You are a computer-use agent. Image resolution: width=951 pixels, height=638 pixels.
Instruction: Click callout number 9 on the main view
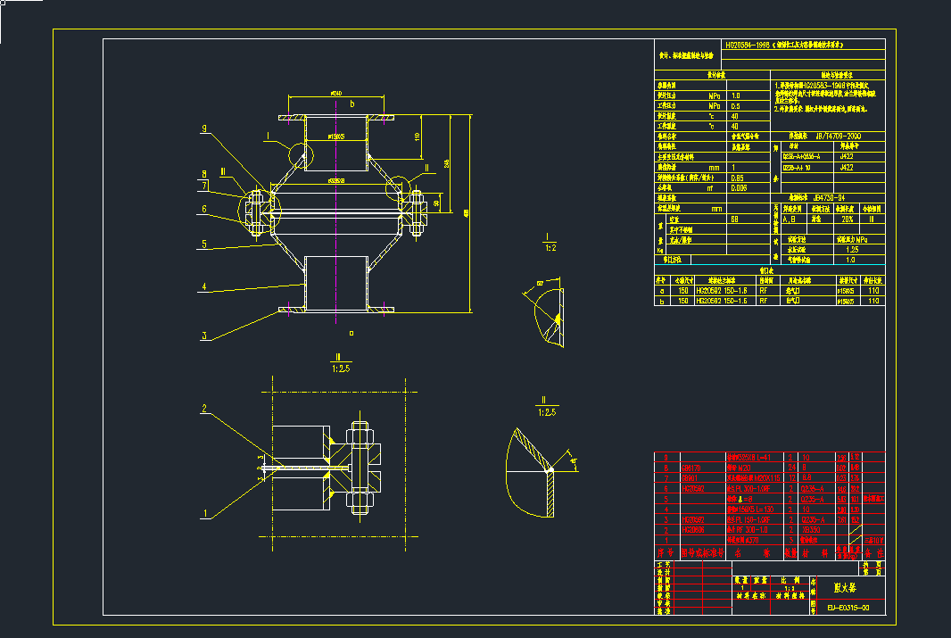coord(204,129)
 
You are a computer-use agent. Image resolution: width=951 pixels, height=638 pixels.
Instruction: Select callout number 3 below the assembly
coord(204,336)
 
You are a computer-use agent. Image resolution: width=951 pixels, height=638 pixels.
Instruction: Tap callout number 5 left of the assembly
coord(204,243)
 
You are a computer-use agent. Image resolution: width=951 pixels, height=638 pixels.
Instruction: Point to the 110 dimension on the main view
coord(417,137)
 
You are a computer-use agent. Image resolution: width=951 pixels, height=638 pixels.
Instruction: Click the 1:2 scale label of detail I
coord(545,248)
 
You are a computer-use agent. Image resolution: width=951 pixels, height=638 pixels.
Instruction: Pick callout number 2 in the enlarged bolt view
coord(204,409)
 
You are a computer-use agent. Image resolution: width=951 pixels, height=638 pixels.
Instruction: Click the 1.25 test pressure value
coord(851,250)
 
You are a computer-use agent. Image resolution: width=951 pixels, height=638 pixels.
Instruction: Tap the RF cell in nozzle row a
coord(764,290)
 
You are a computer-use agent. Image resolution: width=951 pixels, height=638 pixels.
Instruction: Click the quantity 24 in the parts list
coord(791,467)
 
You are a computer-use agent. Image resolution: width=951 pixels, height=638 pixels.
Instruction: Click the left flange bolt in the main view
coord(254,212)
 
